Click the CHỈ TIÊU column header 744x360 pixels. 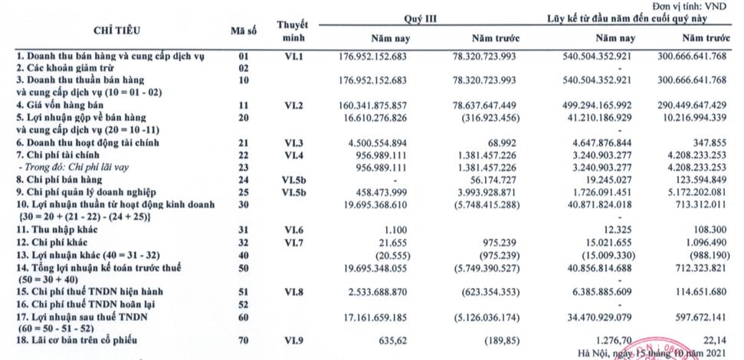click(116, 31)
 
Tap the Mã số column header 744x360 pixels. click(244, 31)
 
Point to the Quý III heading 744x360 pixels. click(419, 18)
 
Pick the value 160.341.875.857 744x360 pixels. click(373, 105)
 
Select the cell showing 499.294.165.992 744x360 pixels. click(598, 105)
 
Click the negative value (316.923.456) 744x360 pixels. click(489, 118)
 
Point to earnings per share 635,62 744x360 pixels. click(393, 340)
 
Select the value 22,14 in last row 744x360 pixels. click(716, 340)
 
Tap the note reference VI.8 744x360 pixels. click(293, 292)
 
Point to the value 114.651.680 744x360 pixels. click(701, 292)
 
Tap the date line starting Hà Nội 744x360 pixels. click(653, 352)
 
